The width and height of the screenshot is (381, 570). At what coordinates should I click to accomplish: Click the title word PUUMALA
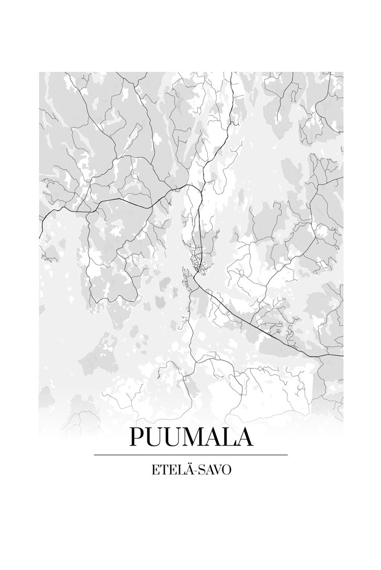click(x=190, y=437)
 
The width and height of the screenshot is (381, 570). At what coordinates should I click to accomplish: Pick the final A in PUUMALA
click(x=244, y=437)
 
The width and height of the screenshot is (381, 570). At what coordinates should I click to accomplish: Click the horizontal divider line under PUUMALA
click(x=190, y=455)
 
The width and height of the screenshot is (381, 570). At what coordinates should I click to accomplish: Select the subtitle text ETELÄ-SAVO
click(x=190, y=469)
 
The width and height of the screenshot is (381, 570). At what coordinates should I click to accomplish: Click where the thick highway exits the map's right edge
click(x=342, y=356)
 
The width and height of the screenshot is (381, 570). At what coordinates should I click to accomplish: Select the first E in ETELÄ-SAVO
click(x=154, y=469)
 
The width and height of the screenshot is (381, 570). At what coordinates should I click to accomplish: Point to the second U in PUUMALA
click(x=172, y=437)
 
